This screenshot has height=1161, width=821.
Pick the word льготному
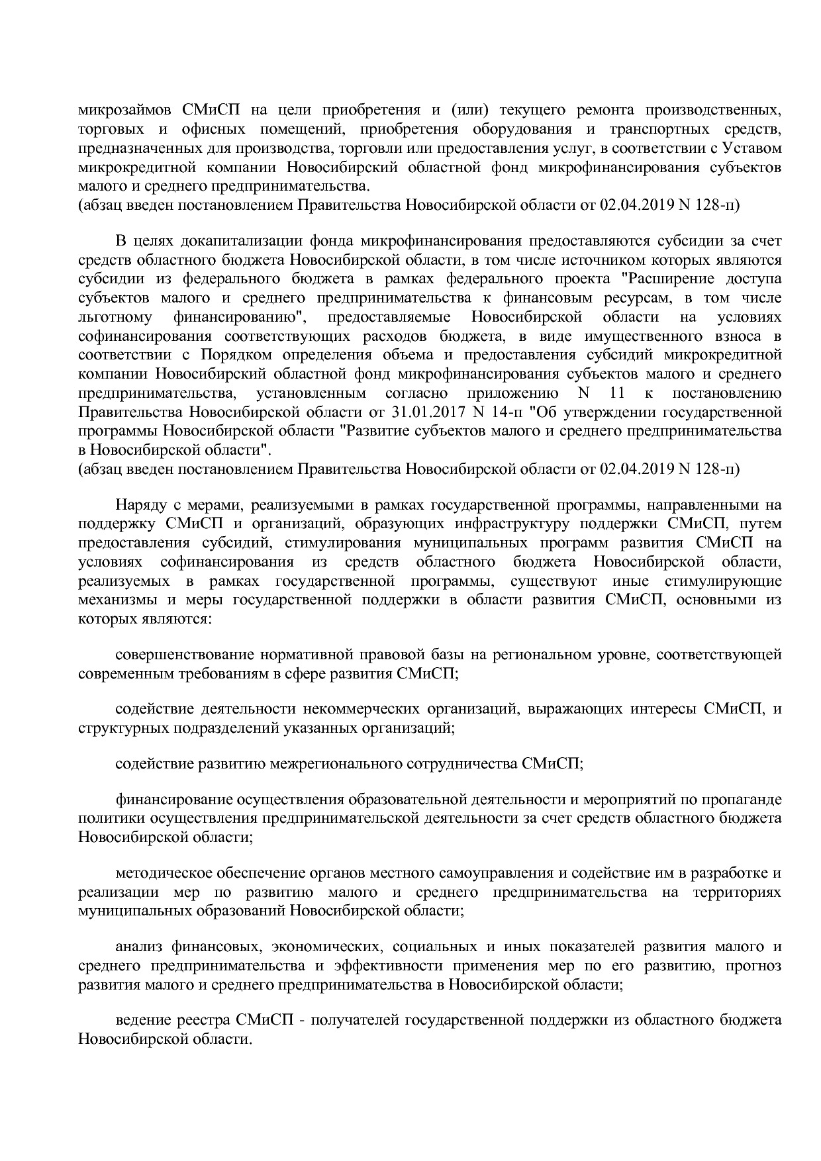[x=115, y=317]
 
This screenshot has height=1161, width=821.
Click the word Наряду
[x=140, y=505]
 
